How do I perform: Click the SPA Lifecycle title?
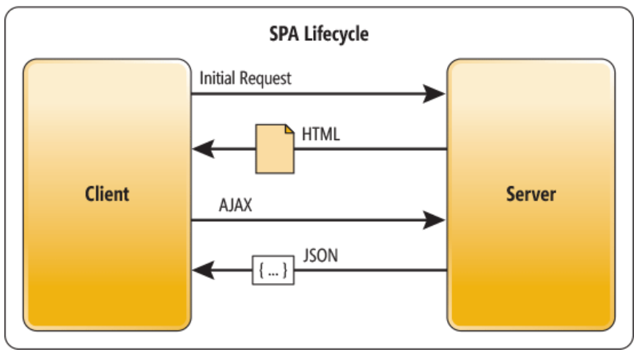(319, 34)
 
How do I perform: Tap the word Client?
(107, 194)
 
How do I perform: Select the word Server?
(531, 194)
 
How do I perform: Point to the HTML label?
(319, 134)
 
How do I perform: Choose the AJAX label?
(235, 205)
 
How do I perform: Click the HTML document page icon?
(275, 149)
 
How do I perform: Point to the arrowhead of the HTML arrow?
(202, 150)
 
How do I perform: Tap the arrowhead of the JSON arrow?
(202, 271)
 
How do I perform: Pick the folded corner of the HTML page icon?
(289, 130)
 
